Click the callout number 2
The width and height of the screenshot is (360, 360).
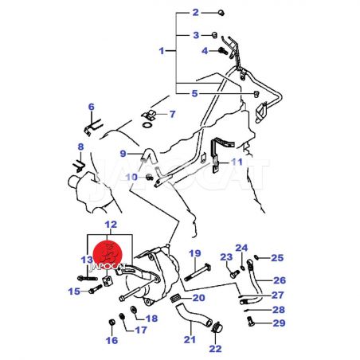[196, 12]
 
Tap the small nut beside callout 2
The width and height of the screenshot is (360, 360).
[221, 13]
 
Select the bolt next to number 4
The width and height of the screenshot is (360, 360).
[223, 51]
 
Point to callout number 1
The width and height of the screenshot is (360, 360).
[162, 51]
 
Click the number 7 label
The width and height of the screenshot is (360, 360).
[173, 114]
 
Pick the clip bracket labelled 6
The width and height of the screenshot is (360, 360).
[93, 127]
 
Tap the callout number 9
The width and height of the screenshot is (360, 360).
[123, 154]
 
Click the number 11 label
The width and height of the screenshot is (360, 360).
[237, 162]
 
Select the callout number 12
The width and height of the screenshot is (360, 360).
[111, 225]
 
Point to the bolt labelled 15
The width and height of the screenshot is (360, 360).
[95, 289]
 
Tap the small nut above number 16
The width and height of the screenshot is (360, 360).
[112, 323]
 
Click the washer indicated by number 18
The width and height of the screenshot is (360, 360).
[133, 309]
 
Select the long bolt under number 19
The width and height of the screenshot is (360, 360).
[198, 272]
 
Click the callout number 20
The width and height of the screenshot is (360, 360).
[199, 298]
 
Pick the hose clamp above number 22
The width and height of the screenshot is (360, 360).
[217, 327]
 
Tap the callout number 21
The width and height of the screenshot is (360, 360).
[190, 339]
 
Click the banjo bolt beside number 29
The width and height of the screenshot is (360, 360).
[250, 321]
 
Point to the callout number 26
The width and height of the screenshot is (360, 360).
[280, 280]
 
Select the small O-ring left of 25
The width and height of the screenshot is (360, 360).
[256, 256]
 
